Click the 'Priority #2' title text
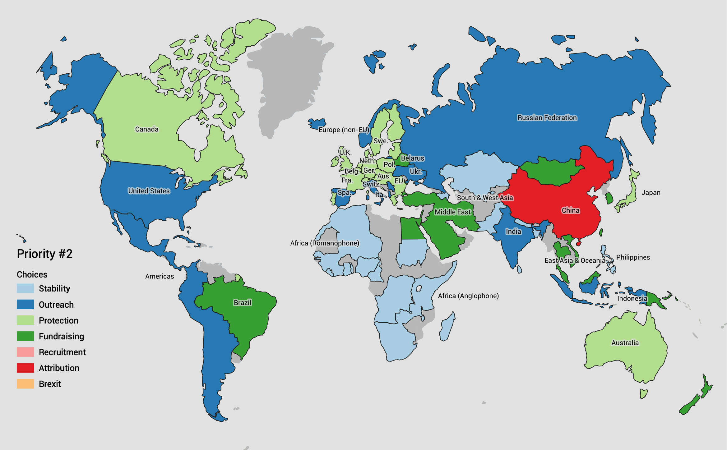[x=44, y=254]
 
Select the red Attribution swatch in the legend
[x=25, y=368]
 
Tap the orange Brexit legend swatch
[x=25, y=384]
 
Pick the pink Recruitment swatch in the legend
[x=25, y=352]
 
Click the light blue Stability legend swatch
[x=25, y=288]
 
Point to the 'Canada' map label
[x=147, y=129]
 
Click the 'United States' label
[x=149, y=191]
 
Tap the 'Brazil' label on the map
[x=242, y=303]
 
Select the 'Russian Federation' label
[x=547, y=118]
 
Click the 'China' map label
[x=571, y=210]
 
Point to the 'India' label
[x=513, y=232]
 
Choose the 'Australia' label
[x=625, y=343]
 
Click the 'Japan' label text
[x=651, y=193]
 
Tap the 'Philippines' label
[x=633, y=257]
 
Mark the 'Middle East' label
[x=452, y=212]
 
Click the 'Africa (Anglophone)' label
[x=468, y=296]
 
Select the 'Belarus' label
[x=412, y=158]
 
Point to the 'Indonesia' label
[x=632, y=299]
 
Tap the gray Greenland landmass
[x=289, y=78]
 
